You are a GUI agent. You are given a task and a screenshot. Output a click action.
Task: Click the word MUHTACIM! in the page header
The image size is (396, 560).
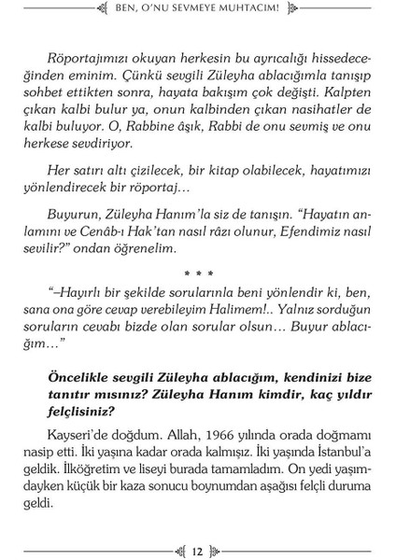(x=274, y=12)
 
